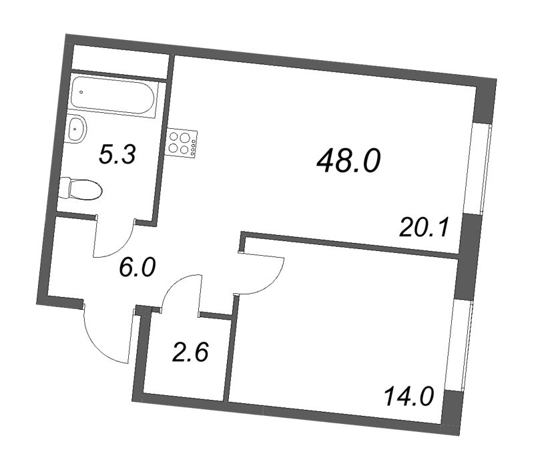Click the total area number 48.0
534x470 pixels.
pyautogui.click(x=348, y=160)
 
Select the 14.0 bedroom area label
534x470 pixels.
pyautogui.click(x=409, y=397)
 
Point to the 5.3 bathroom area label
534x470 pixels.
pyautogui.click(x=117, y=156)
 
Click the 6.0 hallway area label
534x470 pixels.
pyautogui.click(x=136, y=268)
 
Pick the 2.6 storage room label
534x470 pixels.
pyautogui.click(x=190, y=352)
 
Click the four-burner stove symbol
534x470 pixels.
pyautogui.click(x=182, y=143)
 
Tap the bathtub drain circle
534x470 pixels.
pyautogui.click(x=81, y=91)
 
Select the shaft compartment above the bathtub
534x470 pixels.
pyautogui.click(x=120, y=59)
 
